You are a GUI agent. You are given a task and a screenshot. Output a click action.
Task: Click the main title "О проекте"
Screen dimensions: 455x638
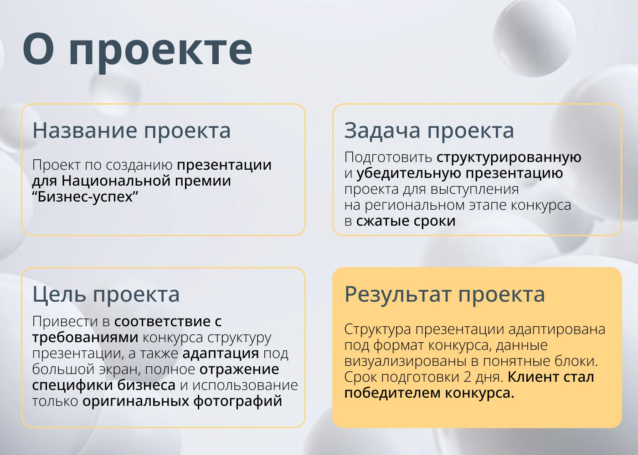click(x=137, y=49)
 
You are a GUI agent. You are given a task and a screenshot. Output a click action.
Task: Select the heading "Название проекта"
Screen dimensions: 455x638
click(x=131, y=131)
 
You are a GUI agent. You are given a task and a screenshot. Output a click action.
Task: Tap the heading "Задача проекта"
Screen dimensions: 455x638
click(x=429, y=131)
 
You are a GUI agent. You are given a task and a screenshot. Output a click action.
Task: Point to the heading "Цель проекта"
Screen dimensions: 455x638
click(x=106, y=294)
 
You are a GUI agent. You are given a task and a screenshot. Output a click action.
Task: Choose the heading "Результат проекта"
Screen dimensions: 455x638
click(x=444, y=294)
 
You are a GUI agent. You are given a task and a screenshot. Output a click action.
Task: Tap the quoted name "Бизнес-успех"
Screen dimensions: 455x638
click(x=85, y=197)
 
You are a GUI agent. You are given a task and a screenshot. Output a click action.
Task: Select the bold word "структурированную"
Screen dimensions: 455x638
click(x=509, y=157)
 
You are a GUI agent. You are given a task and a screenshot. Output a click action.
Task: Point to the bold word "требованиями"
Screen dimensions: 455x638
click(x=85, y=337)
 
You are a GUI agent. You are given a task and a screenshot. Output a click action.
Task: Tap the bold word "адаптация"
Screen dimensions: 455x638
click(x=221, y=353)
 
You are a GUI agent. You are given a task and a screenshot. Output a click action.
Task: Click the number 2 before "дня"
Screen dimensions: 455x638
click(x=468, y=377)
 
